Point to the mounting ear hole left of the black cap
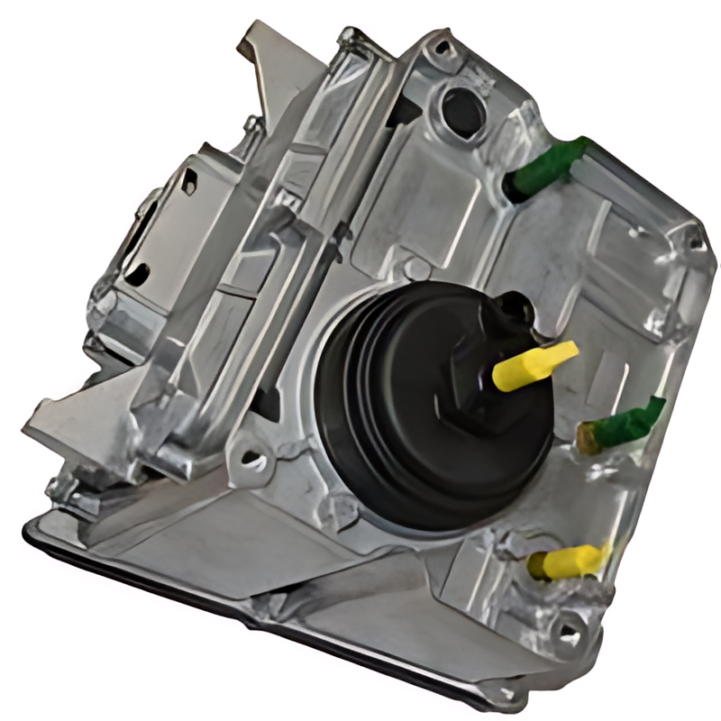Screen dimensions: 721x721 tap(254, 461)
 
